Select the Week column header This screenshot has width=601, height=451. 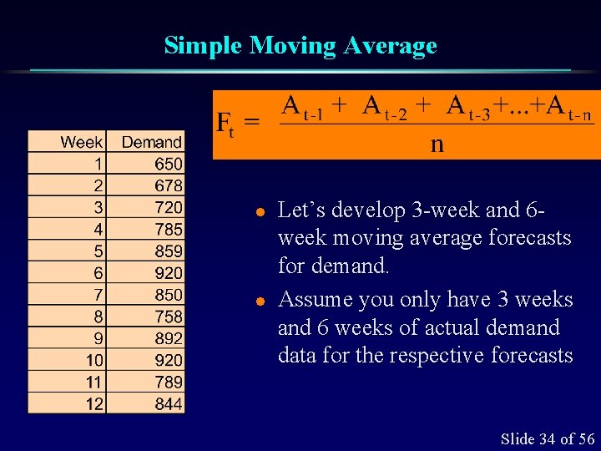tap(81, 142)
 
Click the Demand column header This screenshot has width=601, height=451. tap(151, 142)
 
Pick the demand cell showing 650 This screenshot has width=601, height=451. tap(168, 164)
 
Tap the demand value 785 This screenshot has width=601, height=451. tap(168, 229)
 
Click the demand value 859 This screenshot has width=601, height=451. tap(168, 251)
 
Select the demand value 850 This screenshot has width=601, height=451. tap(168, 294)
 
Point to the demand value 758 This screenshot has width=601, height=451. tap(168, 316)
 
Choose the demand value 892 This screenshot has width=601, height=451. tap(168, 337)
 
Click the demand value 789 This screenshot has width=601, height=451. tap(168, 382)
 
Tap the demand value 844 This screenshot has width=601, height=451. tap(168, 403)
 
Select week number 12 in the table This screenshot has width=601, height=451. tap(94, 403)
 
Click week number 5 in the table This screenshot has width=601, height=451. tap(98, 251)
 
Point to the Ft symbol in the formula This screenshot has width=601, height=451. tap(225, 124)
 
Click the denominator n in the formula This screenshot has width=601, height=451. tap(437, 144)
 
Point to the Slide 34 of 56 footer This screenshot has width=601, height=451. tap(547, 438)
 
